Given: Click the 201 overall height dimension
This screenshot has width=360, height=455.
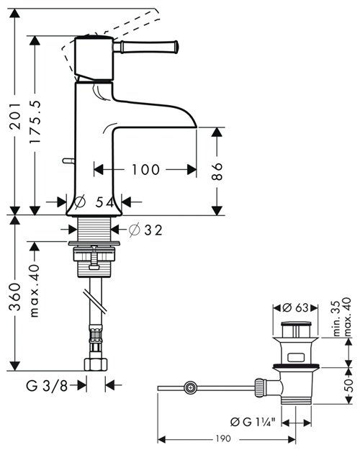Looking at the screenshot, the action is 15,115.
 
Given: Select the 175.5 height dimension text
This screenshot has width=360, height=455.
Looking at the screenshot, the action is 35,122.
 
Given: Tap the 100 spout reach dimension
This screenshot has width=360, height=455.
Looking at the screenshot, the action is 145,170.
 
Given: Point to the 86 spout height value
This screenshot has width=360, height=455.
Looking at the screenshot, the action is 217,171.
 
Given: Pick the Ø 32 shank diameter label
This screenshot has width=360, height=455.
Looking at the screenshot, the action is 145,230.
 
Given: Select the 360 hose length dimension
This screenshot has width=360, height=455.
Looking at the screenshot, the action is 15,297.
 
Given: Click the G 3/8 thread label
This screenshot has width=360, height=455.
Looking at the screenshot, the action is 47,386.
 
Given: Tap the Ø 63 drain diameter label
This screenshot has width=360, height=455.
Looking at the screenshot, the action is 296,308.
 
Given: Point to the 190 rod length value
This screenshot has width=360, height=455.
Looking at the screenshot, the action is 223,438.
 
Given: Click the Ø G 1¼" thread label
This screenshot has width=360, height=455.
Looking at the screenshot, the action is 253,422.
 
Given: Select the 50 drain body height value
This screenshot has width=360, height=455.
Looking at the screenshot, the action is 349,385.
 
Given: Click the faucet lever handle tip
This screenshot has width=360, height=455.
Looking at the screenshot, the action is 176,46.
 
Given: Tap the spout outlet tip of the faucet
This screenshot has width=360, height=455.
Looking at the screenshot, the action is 196,126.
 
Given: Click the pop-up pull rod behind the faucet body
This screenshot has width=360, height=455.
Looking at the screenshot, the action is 68,161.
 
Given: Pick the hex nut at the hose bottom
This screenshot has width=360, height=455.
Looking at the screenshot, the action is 96,364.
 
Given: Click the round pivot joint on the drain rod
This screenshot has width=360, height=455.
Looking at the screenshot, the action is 190,387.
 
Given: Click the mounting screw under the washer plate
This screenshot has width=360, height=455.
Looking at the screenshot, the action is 94,258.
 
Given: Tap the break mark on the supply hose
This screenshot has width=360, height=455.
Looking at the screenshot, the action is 96,302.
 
